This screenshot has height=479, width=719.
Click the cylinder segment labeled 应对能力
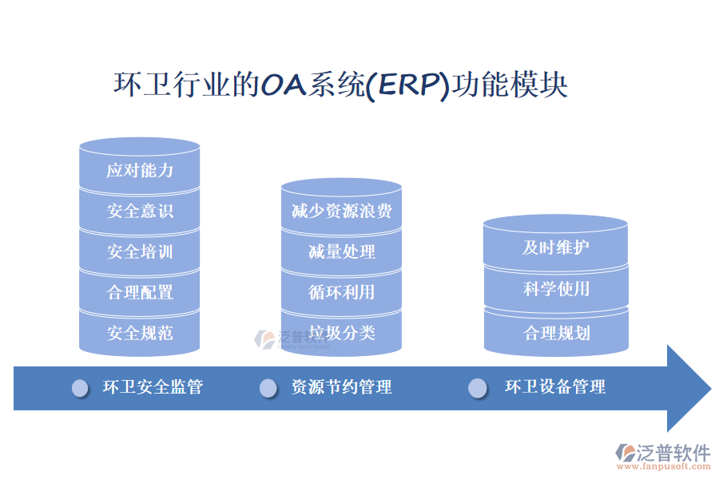140,170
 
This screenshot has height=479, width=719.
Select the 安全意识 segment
140,211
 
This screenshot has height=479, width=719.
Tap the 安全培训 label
140,251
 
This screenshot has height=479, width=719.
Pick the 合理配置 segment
140,292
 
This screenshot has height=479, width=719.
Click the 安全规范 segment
140,333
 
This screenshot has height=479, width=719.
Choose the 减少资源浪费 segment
341,212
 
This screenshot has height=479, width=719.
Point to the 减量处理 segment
341,251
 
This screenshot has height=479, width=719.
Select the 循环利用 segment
341,292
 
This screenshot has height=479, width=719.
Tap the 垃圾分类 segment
341,332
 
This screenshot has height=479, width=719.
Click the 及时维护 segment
556,247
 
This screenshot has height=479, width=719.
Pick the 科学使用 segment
556,288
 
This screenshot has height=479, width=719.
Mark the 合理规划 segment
556,332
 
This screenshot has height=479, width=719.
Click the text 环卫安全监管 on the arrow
153,387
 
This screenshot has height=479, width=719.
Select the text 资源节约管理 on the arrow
342,387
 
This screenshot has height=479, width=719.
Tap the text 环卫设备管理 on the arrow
555,387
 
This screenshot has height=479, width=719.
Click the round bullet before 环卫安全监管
81,388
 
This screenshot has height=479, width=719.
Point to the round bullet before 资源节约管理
268,388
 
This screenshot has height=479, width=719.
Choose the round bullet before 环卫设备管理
477,388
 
